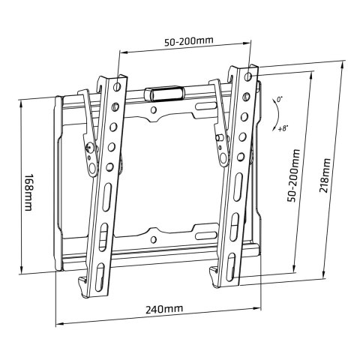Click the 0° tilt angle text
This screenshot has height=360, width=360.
coord(279,99)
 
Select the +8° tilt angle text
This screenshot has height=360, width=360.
coord(283,128)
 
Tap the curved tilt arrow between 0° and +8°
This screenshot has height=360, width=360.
coord(272,115)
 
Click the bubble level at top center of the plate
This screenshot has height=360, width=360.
coord(163,94)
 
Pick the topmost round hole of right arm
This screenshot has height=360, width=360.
coord(248,76)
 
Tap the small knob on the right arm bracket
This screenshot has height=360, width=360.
coord(218,138)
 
